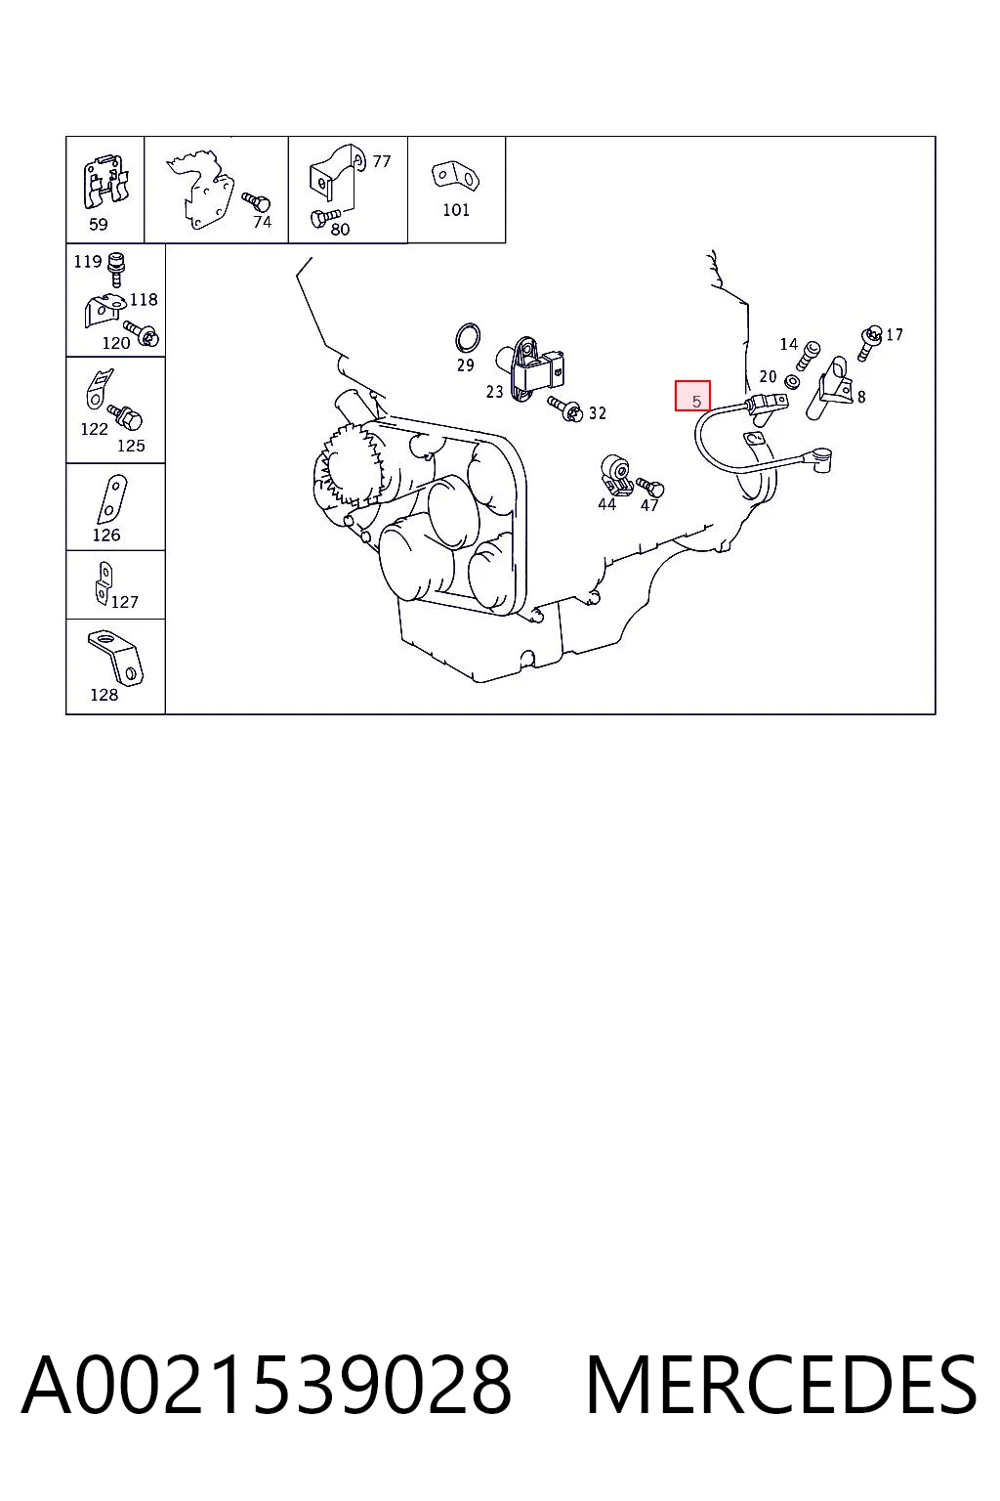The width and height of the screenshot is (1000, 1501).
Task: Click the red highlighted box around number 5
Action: [x=692, y=396]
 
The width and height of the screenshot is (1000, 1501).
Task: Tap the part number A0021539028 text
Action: [x=267, y=1385]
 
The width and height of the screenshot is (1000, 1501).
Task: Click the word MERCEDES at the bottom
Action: [x=781, y=1385]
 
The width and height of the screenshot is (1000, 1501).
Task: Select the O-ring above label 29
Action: [x=468, y=338]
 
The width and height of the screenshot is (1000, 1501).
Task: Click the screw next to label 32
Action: [x=565, y=409]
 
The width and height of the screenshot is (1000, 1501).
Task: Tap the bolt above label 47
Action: [x=650, y=488]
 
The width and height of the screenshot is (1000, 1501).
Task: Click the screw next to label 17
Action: [x=869, y=343]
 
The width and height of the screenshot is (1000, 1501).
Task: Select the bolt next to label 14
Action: [x=810, y=354]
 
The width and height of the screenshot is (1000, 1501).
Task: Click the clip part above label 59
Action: [x=105, y=182]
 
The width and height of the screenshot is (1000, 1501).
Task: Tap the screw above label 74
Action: [x=256, y=200]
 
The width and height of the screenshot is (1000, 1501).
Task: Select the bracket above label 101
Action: [x=455, y=176]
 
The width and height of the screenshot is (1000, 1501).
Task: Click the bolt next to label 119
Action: [x=117, y=270]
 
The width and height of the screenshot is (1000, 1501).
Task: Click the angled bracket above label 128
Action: [x=116, y=657]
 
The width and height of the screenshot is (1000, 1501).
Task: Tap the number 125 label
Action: [x=131, y=446]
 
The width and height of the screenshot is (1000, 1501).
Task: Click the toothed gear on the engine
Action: [x=349, y=466]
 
